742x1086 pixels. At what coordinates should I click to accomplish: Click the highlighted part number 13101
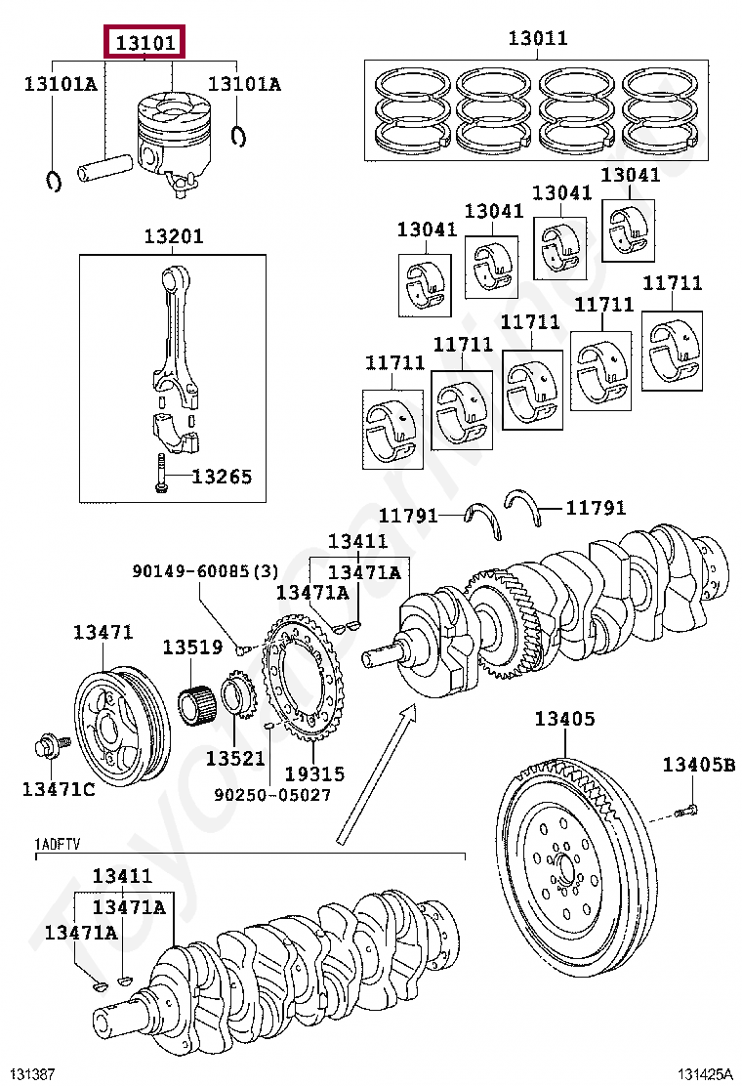pos(144,43)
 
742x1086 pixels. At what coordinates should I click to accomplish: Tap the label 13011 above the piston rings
pos(538,37)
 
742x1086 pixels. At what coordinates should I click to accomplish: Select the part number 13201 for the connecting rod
pos(174,236)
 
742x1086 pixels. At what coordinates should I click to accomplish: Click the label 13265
pos(222,477)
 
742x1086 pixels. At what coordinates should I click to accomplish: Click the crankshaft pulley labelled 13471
pos(122,725)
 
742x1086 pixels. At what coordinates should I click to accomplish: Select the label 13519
pos(192,647)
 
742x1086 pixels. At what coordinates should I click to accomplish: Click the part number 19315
pos(314,773)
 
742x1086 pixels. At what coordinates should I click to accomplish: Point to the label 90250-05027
pos(272,794)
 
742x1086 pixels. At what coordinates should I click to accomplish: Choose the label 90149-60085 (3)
pos(205,570)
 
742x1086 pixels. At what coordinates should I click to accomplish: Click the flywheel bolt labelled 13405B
pos(686,810)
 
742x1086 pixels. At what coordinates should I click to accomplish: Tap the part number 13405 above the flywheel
pos(564,718)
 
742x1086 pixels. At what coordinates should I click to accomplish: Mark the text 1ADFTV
pos(58,844)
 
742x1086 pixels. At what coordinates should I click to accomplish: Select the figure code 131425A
pos(704,1074)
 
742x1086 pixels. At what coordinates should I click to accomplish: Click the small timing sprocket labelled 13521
pos(240,696)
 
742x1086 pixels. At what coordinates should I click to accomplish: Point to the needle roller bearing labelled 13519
pos(197,704)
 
